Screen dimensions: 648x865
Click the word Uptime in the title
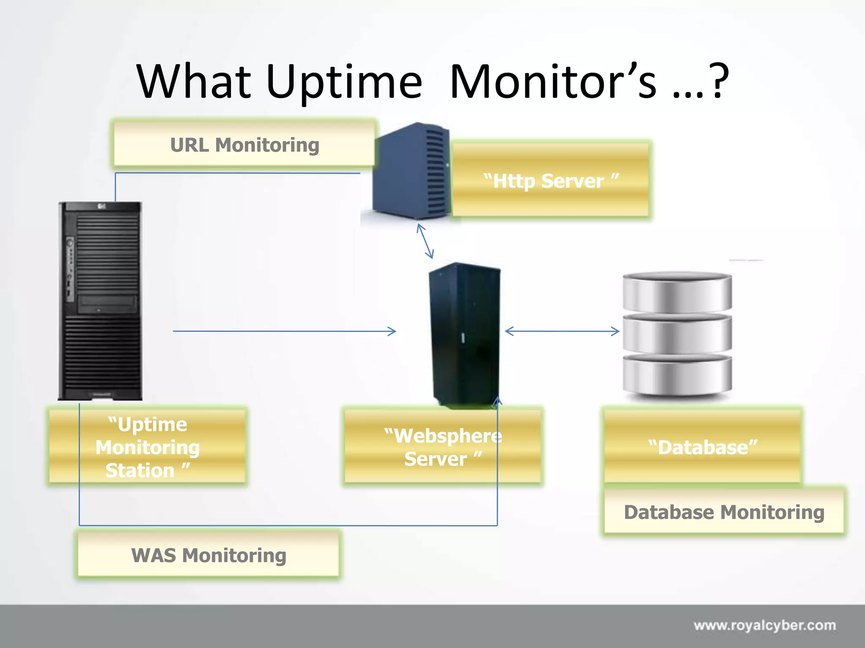click(x=344, y=82)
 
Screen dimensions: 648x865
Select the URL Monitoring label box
click(x=244, y=145)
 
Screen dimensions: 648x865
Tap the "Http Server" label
click(x=551, y=181)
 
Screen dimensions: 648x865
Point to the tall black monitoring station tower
click(x=101, y=300)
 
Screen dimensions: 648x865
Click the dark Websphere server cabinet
click(x=465, y=333)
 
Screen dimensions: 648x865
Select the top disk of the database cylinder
click(x=677, y=292)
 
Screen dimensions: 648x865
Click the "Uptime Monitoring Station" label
click(x=147, y=447)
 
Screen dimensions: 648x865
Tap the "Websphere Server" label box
click(x=443, y=447)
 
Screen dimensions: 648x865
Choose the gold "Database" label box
click(x=702, y=447)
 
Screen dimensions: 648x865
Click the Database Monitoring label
click(x=724, y=512)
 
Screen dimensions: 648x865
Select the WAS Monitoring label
click(x=209, y=555)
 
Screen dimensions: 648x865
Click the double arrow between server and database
click(x=562, y=331)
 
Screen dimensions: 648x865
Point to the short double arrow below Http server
click(x=425, y=241)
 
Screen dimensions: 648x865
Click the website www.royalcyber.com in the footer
click(x=764, y=625)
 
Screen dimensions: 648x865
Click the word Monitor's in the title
click(x=553, y=82)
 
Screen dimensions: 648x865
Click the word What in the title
click(x=194, y=82)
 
